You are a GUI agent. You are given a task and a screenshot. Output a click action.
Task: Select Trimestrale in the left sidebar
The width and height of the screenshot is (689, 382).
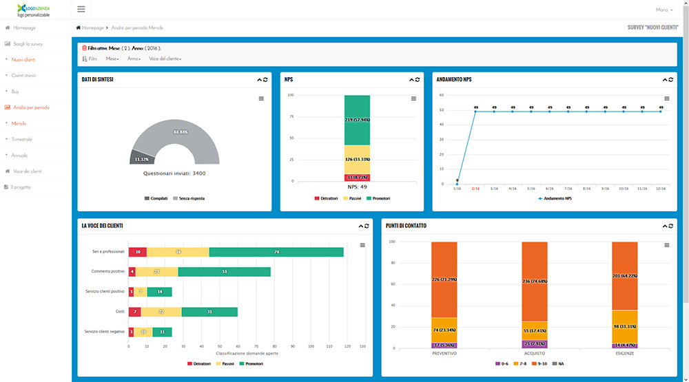(22, 139)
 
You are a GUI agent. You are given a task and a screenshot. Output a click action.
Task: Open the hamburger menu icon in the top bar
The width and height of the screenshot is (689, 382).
(81, 10)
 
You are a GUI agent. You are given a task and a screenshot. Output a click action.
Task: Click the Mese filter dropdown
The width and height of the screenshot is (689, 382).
(112, 59)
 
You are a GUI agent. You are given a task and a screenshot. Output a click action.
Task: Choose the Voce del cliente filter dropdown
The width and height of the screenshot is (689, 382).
(165, 59)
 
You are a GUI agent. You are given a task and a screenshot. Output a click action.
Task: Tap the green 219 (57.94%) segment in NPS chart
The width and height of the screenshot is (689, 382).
(357, 120)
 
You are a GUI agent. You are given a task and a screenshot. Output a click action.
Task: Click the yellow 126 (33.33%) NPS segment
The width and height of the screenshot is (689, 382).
(357, 160)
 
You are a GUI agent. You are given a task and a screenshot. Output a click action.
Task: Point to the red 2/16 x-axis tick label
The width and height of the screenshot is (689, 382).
(475, 188)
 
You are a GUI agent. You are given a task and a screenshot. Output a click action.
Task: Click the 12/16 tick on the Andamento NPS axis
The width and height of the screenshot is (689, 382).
(661, 188)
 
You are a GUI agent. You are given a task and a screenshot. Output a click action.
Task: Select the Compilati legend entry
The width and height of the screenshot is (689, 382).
(157, 198)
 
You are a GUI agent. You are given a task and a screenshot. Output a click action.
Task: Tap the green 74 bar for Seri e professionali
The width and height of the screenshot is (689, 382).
(276, 252)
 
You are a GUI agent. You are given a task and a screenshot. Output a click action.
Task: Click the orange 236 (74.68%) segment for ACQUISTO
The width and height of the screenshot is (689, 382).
(535, 281)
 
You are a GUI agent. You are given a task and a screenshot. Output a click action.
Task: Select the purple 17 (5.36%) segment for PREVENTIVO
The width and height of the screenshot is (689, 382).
(444, 345)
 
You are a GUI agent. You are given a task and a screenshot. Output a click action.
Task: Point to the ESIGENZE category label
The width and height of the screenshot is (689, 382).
(624, 353)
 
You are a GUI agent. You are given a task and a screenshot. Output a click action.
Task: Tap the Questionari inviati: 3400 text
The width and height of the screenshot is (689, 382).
(174, 173)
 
